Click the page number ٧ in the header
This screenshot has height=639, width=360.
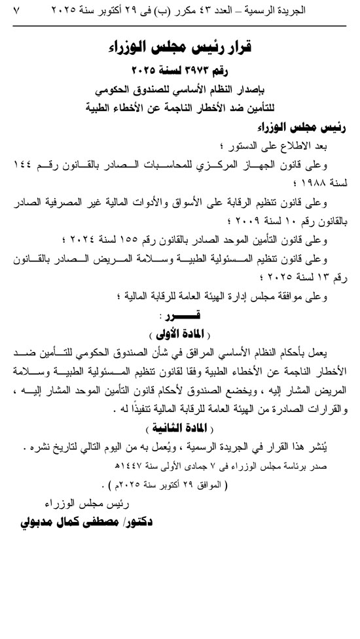pos(16,11)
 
